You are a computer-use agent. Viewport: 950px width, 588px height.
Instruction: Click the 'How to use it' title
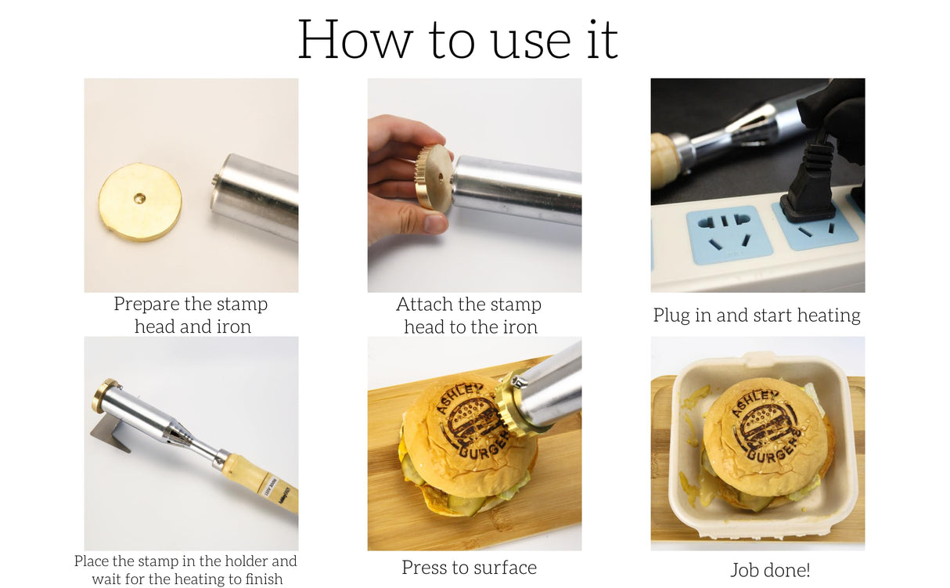tap(458, 38)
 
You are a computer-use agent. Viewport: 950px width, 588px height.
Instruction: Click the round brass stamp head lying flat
tap(140, 201)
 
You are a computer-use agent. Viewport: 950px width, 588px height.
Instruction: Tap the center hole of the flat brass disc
tap(139, 199)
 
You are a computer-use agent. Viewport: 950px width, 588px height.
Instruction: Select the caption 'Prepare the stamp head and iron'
tap(191, 316)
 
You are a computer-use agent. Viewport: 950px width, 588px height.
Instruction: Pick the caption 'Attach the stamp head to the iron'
tap(470, 316)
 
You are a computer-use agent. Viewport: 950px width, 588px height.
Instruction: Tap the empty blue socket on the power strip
tap(729, 234)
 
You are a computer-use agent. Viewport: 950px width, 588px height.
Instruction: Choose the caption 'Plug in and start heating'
tap(757, 316)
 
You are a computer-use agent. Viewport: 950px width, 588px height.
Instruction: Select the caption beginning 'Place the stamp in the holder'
tap(186, 570)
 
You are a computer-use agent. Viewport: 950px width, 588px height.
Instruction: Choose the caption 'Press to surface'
tap(469, 568)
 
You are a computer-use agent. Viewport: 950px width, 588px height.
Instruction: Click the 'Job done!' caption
tap(770, 570)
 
